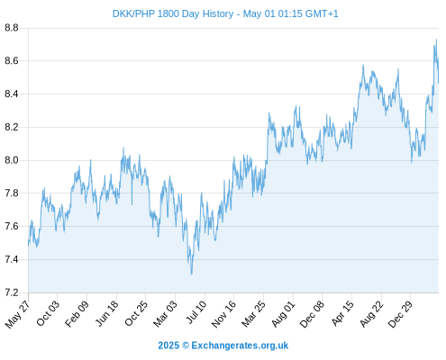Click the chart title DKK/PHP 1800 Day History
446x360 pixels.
pyautogui.click(x=173, y=13)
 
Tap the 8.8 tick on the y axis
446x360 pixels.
pyautogui.click(x=12, y=28)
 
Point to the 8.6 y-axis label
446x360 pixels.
pyautogui.click(x=12, y=61)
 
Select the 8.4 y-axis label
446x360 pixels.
pyautogui.click(x=12, y=94)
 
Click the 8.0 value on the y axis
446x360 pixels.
pyautogui.click(x=12, y=160)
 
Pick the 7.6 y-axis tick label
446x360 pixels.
pyautogui.click(x=12, y=226)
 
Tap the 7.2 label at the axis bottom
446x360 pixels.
pyautogui.click(x=12, y=292)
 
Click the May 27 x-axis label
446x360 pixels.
pyautogui.click(x=17, y=314)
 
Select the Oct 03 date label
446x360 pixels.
pyautogui.click(x=48, y=313)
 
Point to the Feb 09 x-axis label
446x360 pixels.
pyautogui.click(x=77, y=313)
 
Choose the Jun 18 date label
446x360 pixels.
pyautogui.click(x=106, y=313)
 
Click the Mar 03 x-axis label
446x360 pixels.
pyautogui.click(x=165, y=314)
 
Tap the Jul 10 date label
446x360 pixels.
pyautogui.click(x=196, y=312)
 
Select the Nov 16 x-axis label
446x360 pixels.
pyautogui.click(x=223, y=314)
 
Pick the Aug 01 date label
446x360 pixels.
pyautogui.click(x=283, y=314)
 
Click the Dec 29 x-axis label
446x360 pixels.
pyautogui.click(x=400, y=314)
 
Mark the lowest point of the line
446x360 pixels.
pyautogui.click(x=191, y=274)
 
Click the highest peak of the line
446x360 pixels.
pyautogui.click(x=436, y=40)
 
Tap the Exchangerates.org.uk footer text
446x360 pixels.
pyautogui.click(x=240, y=346)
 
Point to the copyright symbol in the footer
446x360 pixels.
pyautogui.click(x=186, y=346)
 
